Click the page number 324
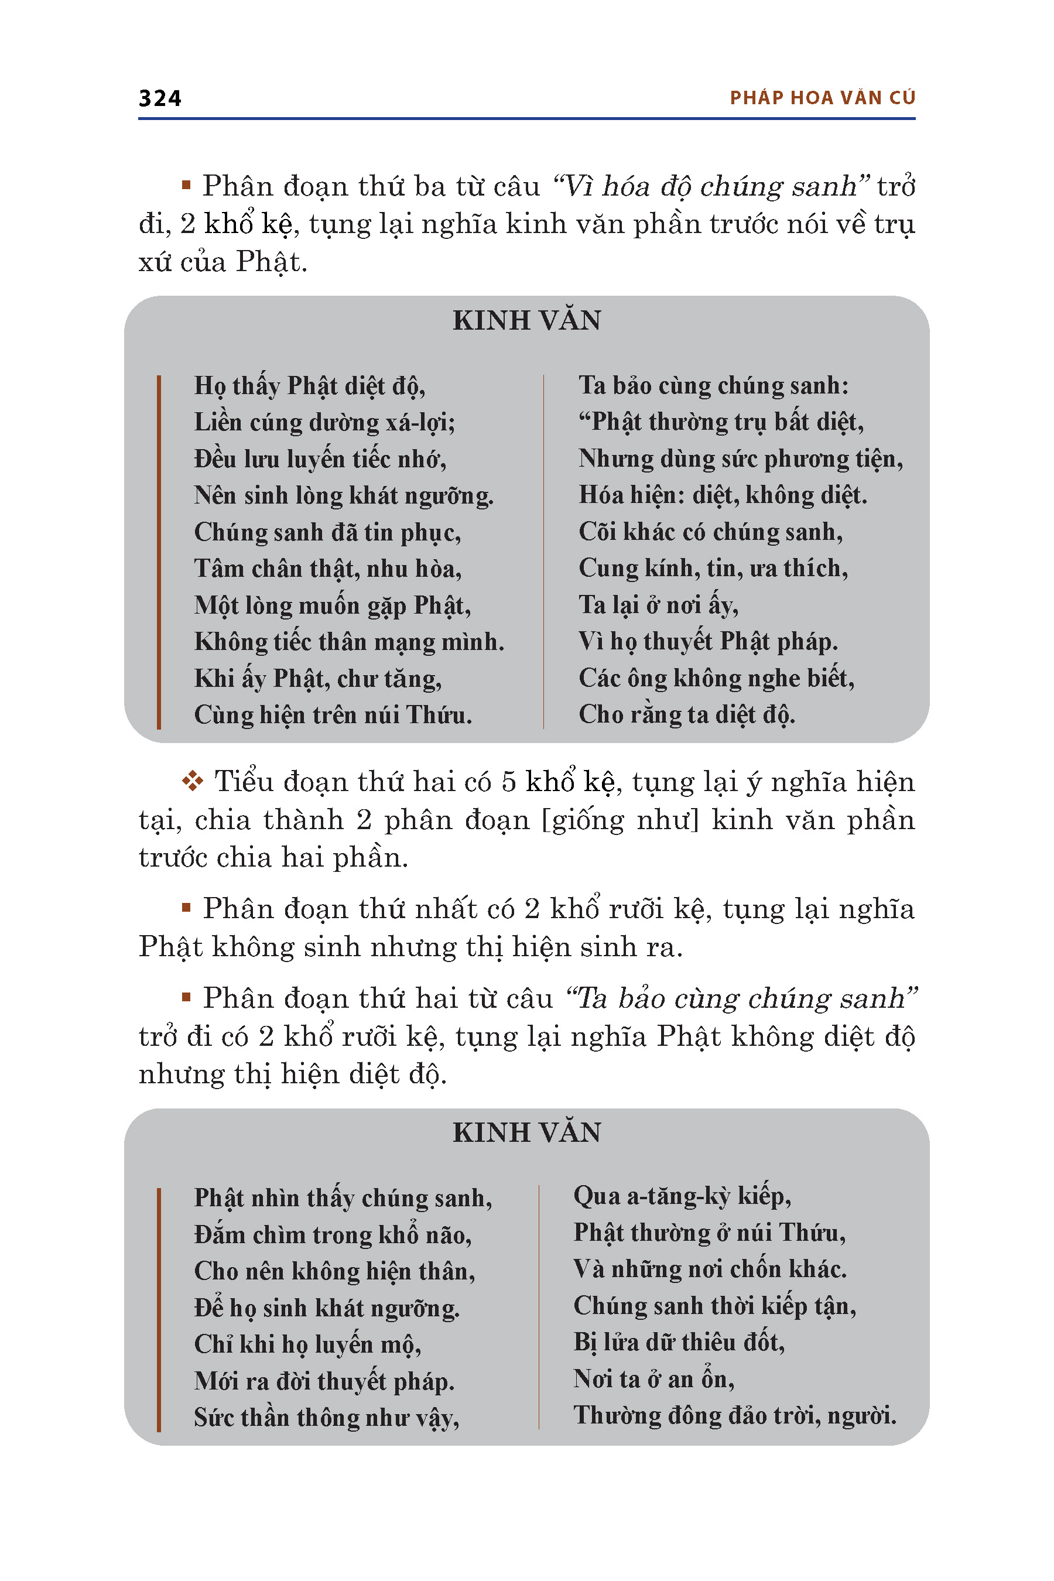(x=159, y=98)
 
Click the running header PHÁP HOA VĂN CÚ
(x=822, y=98)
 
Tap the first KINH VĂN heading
(x=526, y=321)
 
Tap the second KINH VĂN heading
(x=526, y=1132)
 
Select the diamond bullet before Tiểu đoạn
(x=192, y=781)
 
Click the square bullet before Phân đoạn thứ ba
(x=186, y=185)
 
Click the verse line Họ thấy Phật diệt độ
(x=309, y=386)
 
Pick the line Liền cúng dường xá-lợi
(x=324, y=423)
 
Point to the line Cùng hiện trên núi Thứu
(x=333, y=715)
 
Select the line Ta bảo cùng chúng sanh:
(x=713, y=386)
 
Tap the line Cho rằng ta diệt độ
(x=686, y=714)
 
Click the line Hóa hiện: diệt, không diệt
(x=723, y=495)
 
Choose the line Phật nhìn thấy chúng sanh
(x=343, y=1199)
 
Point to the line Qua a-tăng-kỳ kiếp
(x=682, y=1196)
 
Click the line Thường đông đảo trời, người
(x=734, y=1416)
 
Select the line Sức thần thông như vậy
(x=327, y=1418)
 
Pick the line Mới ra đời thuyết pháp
(x=324, y=1381)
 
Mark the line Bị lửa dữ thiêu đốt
(x=678, y=1342)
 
